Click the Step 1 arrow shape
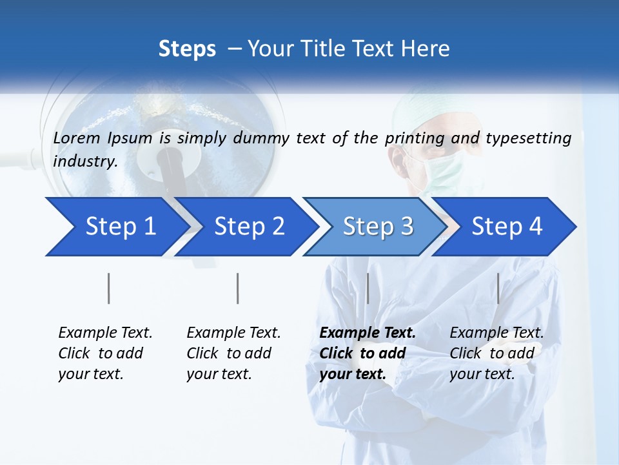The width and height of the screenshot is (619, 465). click(116, 227)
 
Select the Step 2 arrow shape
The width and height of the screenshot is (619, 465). click(248, 227)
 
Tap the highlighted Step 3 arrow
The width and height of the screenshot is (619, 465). click(377, 227)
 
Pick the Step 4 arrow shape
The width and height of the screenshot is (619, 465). click(506, 227)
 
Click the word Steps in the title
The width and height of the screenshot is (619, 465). click(187, 48)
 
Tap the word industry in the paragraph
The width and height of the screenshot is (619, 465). click(84, 161)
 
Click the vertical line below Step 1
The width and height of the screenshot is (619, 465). click(109, 288)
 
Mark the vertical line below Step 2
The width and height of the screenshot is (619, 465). click(238, 288)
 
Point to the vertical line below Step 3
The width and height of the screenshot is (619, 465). click(368, 288)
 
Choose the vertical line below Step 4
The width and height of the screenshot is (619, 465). click(498, 288)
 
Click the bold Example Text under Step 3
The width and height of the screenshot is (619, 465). click(368, 333)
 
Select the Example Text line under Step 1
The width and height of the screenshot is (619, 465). click(105, 333)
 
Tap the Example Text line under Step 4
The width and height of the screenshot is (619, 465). click(496, 333)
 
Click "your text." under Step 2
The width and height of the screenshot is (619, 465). click(219, 374)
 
